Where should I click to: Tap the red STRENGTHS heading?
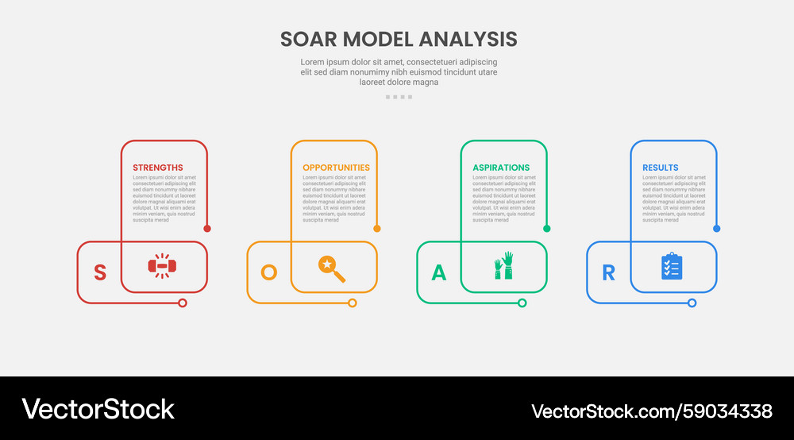pos(157,168)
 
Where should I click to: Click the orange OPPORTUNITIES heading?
pos(336,168)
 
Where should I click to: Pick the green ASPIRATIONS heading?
pos(501,168)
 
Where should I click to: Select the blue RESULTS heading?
pos(661,168)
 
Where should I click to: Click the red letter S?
pos(100,272)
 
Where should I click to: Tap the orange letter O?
pos(269,272)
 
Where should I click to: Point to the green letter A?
pos(438,272)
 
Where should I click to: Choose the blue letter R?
pos(608,272)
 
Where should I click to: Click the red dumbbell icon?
pos(161,266)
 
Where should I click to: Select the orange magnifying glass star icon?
pos(332,268)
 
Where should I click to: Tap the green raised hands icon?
pos(503,266)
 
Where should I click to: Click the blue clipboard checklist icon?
pos(672,266)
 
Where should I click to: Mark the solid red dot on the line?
pos(207,229)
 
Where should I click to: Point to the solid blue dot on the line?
pos(716,229)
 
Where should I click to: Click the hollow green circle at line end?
pos(522,303)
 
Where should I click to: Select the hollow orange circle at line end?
pos(353,303)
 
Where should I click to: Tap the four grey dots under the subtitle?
pos(399,97)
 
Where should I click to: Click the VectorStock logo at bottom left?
pos(98,409)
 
